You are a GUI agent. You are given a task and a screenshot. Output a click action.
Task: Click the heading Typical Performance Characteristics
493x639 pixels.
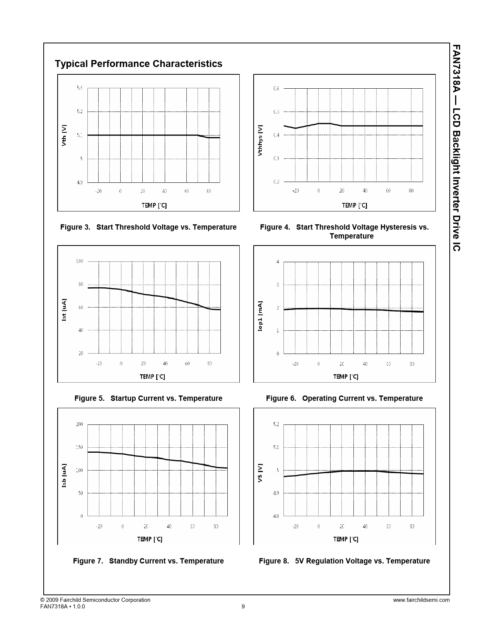pyautogui.click(x=138, y=64)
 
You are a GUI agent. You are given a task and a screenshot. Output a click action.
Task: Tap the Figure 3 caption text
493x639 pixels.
pyautogui.click(x=148, y=227)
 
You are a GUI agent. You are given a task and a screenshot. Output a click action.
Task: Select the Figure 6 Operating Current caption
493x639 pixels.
pyautogui.click(x=344, y=399)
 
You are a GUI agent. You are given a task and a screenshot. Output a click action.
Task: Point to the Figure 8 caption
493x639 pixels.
pyautogui.click(x=344, y=561)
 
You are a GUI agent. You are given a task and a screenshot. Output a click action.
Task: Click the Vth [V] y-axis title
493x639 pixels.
pyautogui.click(x=64, y=135)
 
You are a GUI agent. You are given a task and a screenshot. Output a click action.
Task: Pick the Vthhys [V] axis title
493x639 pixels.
pyautogui.click(x=260, y=140)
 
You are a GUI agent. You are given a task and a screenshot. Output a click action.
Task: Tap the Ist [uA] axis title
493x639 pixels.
pyautogui.click(x=64, y=310)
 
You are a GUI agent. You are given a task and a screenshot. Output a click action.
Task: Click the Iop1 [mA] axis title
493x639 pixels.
pyautogui.click(x=260, y=316)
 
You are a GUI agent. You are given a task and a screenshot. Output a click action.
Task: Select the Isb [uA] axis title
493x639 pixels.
pyautogui.click(x=64, y=475)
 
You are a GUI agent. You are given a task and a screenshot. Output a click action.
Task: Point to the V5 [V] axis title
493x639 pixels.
pyautogui.click(x=260, y=473)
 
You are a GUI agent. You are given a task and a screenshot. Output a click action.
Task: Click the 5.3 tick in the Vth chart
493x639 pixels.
pyautogui.click(x=79, y=88)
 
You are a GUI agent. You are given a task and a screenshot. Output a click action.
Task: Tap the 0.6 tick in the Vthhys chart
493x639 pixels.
pyautogui.click(x=276, y=89)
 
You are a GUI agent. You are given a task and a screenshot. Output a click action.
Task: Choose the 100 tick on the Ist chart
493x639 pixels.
pyautogui.click(x=79, y=261)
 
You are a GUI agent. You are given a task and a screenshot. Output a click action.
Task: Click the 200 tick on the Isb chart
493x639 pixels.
pyautogui.click(x=79, y=424)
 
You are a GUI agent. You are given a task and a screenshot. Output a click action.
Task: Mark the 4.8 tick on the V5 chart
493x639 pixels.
pyautogui.click(x=276, y=516)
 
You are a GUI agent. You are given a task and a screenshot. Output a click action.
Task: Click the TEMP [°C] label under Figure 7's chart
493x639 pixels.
pyautogui.click(x=150, y=539)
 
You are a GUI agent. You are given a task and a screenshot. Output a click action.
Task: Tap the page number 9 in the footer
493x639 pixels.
pyautogui.click(x=243, y=607)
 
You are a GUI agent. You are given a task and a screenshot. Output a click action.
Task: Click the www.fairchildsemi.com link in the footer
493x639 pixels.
pyautogui.click(x=421, y=600)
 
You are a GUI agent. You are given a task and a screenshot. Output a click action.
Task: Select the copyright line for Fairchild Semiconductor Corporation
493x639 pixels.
pyautogui.click(x=95, y=600)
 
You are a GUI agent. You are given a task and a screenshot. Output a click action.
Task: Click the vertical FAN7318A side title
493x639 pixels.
pyautogui.click(x=456, y=147)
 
